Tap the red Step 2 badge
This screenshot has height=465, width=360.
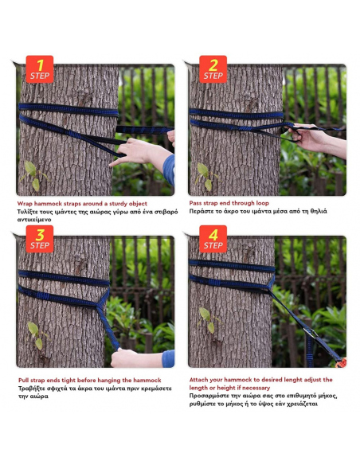(x=213, y=69)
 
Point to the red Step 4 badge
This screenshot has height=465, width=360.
(x=213, y=240)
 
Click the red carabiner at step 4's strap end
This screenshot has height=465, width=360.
(x=342, y=363)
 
